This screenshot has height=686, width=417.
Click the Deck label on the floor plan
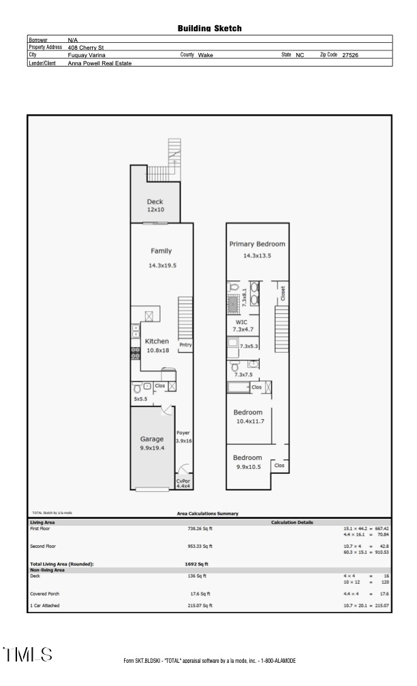pyautogui.click(x=155, y=201)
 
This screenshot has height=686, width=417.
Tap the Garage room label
pyautogui.click(x=152, y=439)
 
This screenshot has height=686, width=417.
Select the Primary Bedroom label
pyautogui.click(x=257, y=244)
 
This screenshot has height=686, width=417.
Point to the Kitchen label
pyautogui.click(x=157, y=341)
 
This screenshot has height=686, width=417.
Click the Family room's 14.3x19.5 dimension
pyautogui.click(x=162, y=265)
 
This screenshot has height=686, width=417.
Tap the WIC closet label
pyautogui.click(x=241, y=322)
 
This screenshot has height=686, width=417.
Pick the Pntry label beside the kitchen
pyautogui.click(x=185, y=345)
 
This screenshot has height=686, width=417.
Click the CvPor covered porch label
pyautogui.click(x=183, y=480)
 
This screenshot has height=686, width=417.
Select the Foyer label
pyautogui.click(x=183, y=433)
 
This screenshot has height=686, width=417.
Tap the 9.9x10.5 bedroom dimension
pyautogui.click(x=247, y=467)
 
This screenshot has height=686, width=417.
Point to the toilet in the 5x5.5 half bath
pyautogui.click(x=137, y=389)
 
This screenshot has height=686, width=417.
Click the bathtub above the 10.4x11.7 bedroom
pyautogui.click(x=238, y=387)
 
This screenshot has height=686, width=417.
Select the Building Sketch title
pyautogui.click(x=209, y=29)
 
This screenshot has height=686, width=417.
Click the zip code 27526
pyautogui.click(x=350, y=55)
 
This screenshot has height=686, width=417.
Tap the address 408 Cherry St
pyautogui.click(x=85, y=48)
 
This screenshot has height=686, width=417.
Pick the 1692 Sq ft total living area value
pyautogui.click(x=196, y=564)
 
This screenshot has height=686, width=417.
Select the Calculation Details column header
pyautogui.click(x=292, y=522)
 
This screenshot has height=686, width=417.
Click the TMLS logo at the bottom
pyautogui.click(x=28, y=655)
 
